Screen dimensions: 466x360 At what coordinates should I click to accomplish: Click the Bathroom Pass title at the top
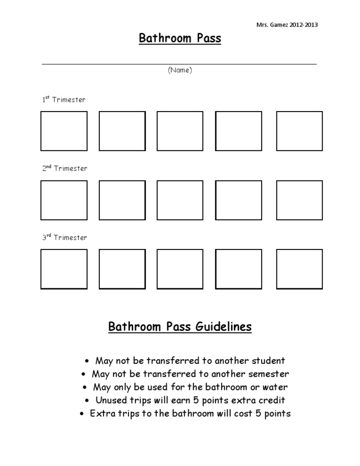point(180,38)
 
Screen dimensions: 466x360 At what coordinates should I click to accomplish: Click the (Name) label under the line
point(180,70)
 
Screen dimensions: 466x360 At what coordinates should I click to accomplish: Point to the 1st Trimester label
point(64,100)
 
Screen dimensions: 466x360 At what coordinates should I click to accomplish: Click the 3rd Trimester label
point(65,238)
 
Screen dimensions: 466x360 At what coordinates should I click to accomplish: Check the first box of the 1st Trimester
point(64,131)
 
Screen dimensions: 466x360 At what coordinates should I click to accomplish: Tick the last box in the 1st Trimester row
point(299,131)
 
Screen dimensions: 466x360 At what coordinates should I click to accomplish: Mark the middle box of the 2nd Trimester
point(180,200)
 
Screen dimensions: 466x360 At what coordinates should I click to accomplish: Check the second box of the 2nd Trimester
point(122,200)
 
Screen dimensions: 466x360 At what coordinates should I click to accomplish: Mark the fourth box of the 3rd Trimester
point(238,269)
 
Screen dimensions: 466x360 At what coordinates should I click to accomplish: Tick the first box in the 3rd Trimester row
point(64,269)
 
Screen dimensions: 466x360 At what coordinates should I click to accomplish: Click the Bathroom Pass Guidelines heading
point(180,326)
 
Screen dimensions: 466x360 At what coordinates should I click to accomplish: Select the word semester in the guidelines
point(270,374)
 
